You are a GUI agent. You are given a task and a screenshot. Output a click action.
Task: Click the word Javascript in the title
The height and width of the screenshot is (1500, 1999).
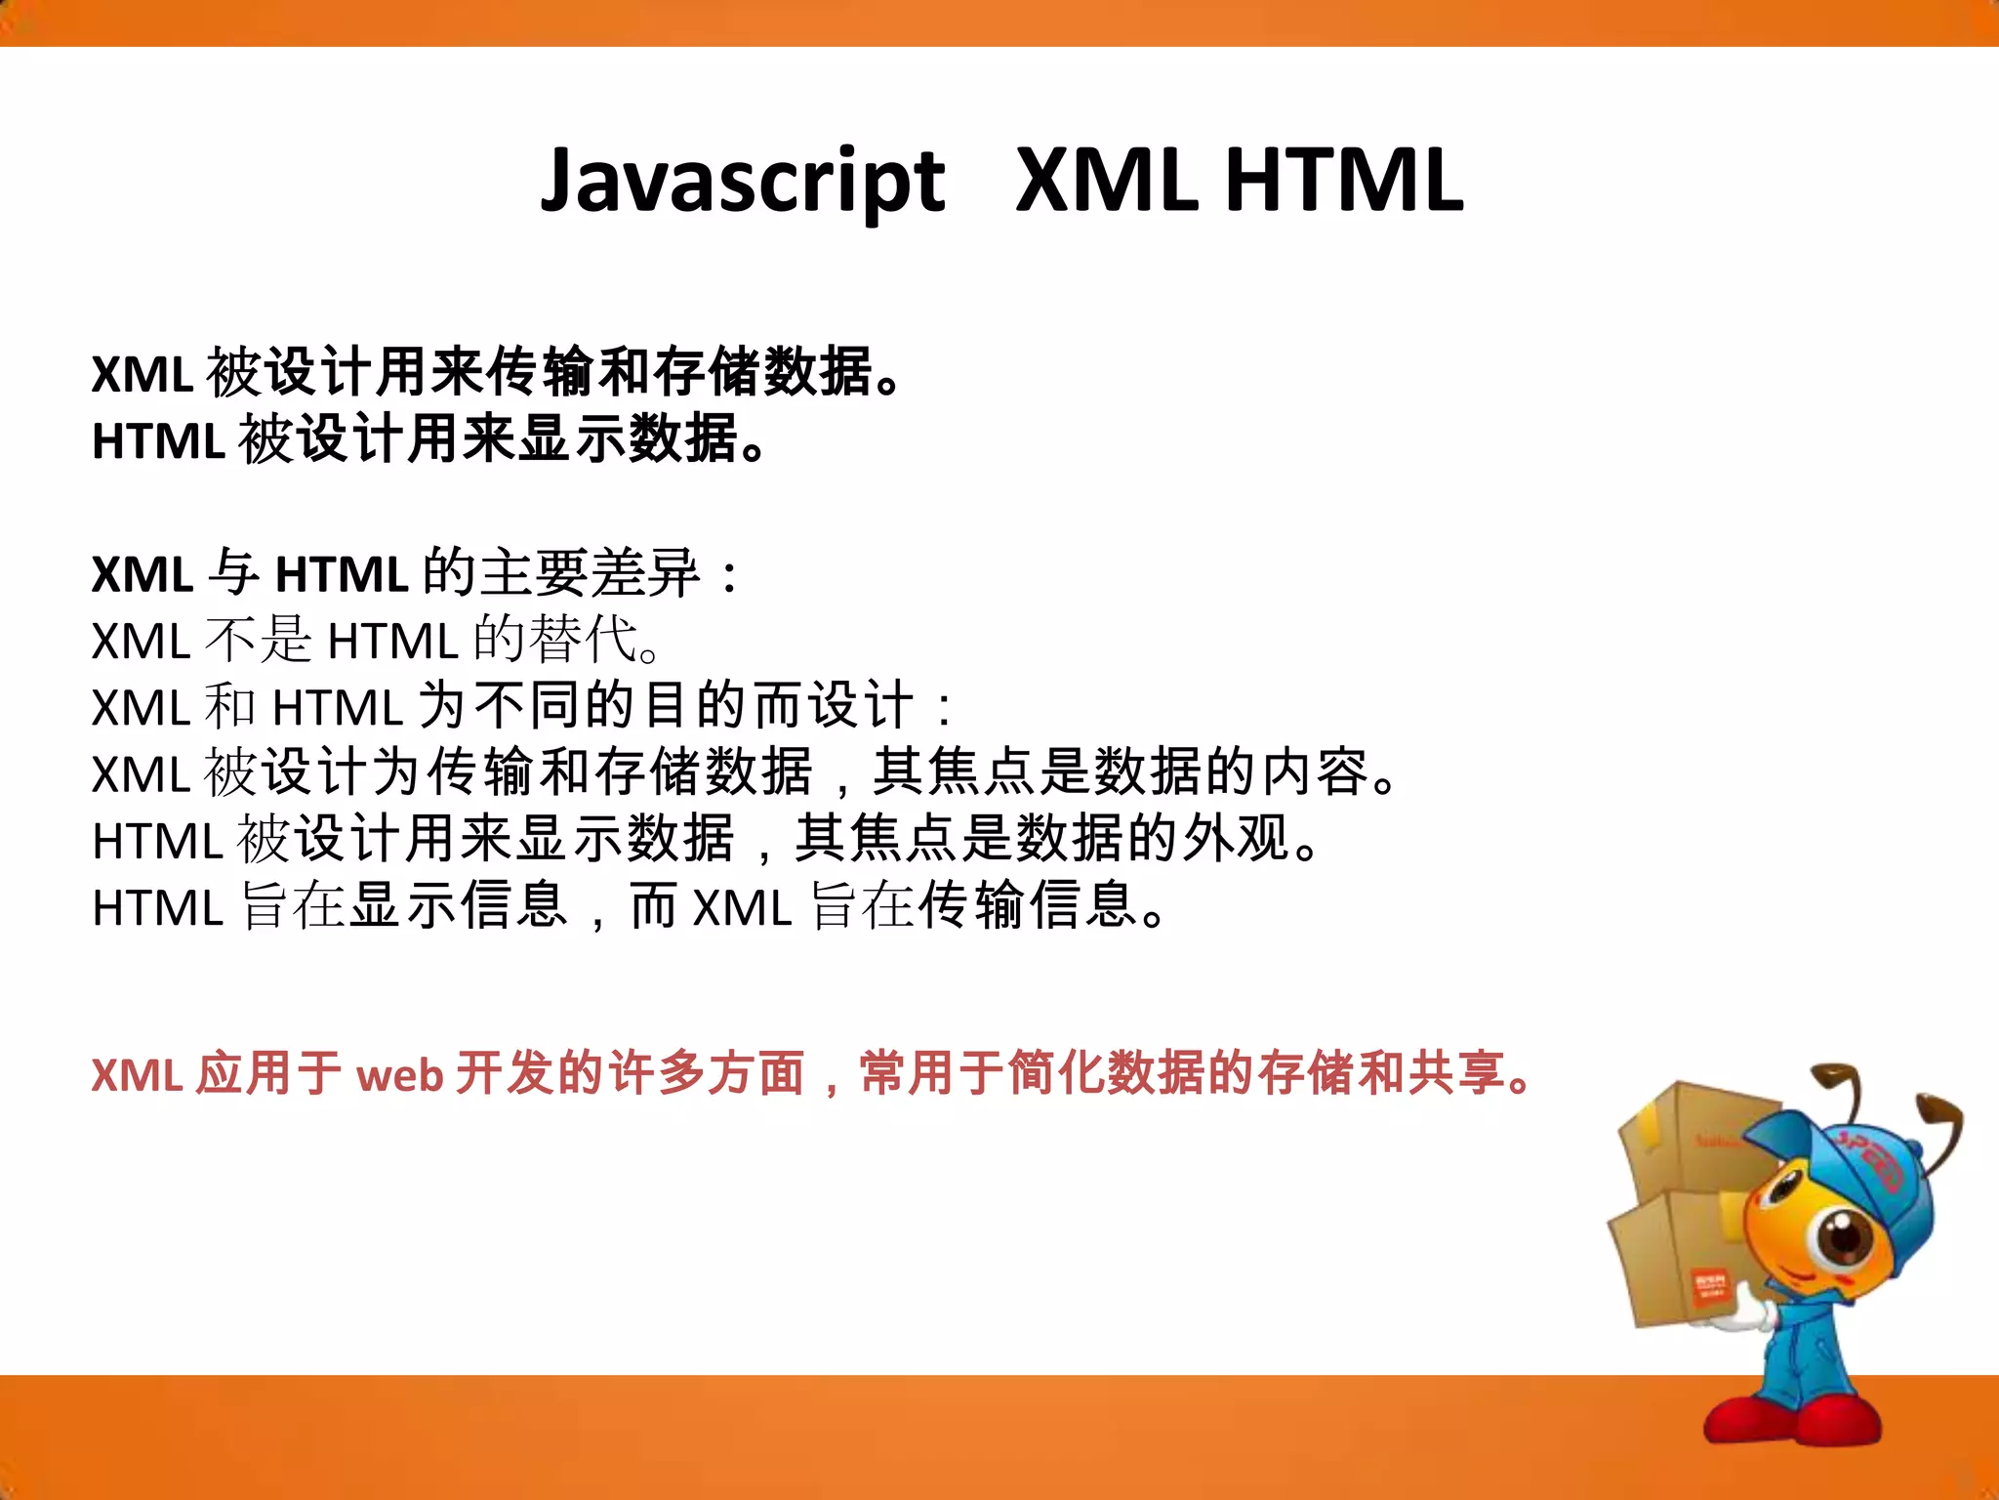click(742, 182)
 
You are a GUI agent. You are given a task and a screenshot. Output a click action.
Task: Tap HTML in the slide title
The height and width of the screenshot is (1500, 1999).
click(1344, 180)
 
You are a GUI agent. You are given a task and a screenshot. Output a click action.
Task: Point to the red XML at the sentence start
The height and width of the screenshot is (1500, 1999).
click(137, 1075)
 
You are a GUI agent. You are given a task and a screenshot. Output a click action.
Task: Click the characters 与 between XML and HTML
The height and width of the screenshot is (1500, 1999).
click(233, 573)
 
